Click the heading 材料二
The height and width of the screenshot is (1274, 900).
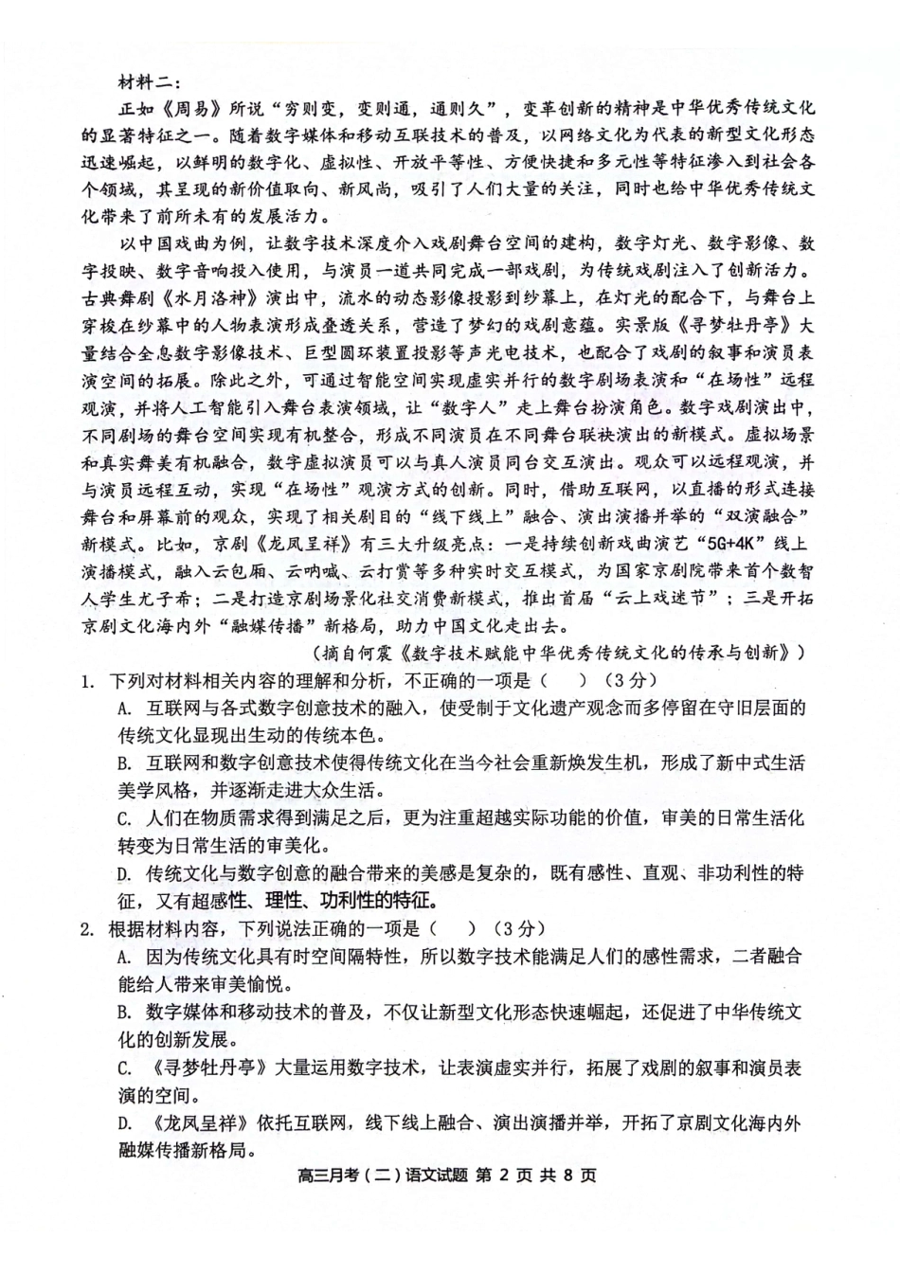tap(141, 82)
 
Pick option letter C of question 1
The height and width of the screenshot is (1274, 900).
tap(123, 818)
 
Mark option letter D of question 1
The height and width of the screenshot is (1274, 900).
tap(123, 873)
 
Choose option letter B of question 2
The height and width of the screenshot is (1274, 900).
tap(123, 1012)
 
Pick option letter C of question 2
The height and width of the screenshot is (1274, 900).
tap(123, 1067)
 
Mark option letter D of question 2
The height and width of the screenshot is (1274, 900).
tap(123, 1122)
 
